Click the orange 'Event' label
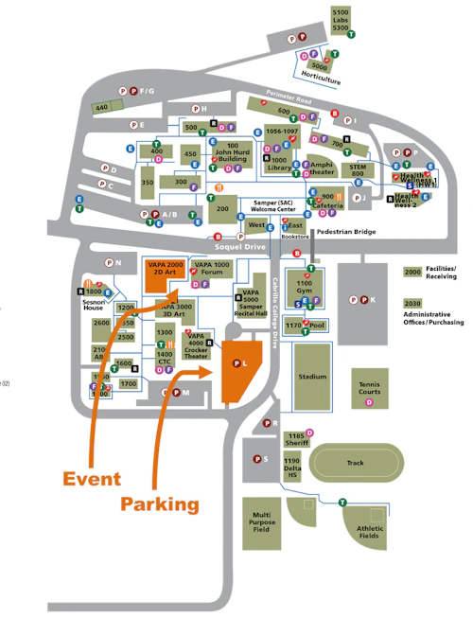[92, 477]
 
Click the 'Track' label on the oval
[355, 463]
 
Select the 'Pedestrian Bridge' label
[346, 231]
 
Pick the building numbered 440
[103, 108]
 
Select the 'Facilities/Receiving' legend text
[443, 274]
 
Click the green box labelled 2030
[412, 305]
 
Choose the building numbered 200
[223, 209]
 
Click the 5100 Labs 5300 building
[340, 20]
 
